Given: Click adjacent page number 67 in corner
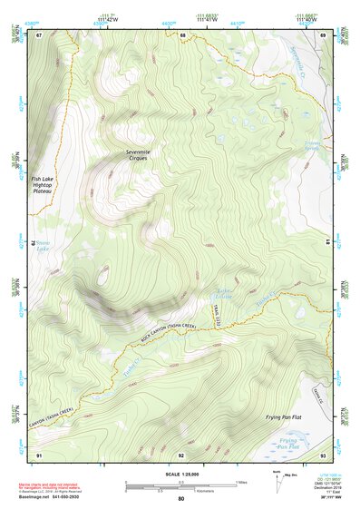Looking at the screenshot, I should tap(39, 35).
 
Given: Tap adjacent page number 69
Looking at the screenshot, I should tap(323, 35).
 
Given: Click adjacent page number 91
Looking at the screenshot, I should tap(39, 454).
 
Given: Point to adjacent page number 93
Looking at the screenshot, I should tap(323, 454).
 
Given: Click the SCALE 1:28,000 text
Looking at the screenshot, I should tap(180, 472).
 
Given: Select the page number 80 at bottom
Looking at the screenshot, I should tap(180, 499).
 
